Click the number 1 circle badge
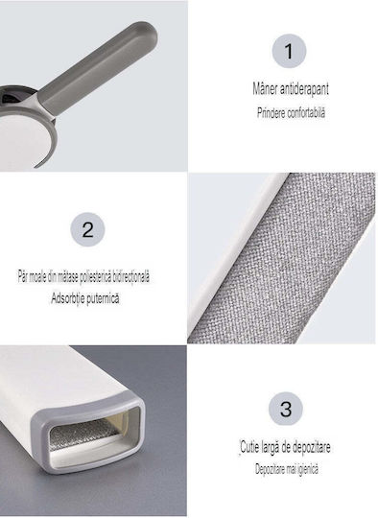(x=289, y=51)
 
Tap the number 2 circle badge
(x=87, y=229)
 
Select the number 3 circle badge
(x=286, y=409)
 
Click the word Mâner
(x=265, y=89)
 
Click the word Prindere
(x=271, y=112)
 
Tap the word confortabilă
(x=306, y=112)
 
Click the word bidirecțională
(x=130, y=277)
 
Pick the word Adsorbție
(x=65, y=298)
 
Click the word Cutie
(x=249, y=447)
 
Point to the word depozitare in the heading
(x=311, y=448)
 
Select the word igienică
(x=308, y=469)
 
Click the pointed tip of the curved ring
(x=35, y=166)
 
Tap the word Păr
(x=22, y=276)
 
